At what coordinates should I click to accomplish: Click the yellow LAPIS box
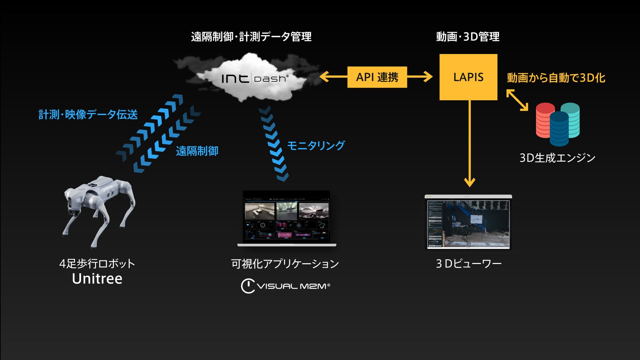(x=468, y=77)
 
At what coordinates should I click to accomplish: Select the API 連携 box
(x=377, y=77)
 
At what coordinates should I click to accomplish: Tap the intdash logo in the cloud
(x=254, y=78)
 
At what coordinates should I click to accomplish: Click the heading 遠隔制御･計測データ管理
(x=251, y=37)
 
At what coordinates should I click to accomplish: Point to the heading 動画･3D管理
(x=468, y=37)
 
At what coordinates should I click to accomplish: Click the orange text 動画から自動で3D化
(x=556, y=78)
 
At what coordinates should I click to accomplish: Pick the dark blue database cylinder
(x=559, y=129)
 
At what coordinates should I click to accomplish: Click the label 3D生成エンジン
(x=557, y=158)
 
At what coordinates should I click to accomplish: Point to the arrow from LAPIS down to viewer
(x=469, y=143)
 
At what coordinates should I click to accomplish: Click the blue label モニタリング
(x=316, y=145)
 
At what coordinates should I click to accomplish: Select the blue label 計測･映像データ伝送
(x=88, y=115)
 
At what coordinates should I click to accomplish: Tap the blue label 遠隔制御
(x=197, y=151)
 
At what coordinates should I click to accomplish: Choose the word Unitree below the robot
(x=97, y=279)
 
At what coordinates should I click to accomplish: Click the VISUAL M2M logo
(x=285, y=286)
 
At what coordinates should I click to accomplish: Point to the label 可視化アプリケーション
(x=285, y=264)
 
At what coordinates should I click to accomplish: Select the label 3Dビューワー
(x=469, y=264)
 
